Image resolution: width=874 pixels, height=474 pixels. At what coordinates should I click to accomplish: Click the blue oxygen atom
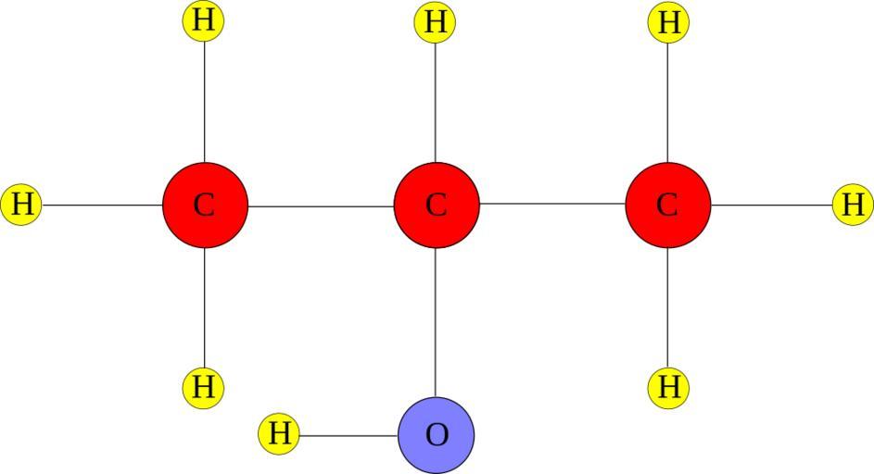(436, 435)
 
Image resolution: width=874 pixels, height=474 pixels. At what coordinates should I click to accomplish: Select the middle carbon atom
(436, 205)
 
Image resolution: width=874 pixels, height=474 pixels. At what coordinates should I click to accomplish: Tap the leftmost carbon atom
(205, 205)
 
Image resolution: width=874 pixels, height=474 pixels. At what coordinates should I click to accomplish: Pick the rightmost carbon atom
(667, 205)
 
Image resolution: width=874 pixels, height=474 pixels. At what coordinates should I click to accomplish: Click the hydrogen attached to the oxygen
(279, 434)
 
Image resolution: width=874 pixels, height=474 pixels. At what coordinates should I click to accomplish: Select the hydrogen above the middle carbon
(436, 22)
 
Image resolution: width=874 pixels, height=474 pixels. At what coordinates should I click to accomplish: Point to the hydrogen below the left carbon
(204, 386)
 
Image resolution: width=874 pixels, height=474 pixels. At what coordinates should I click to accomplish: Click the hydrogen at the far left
(21, 204)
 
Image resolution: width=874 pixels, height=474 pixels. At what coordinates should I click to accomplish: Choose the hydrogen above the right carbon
(668, 22)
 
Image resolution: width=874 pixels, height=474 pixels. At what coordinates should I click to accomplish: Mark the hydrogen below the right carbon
(668, 386)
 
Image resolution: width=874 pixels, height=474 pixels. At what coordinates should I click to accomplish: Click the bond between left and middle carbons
(321, 206)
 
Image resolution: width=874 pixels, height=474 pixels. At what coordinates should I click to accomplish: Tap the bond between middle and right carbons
(552, 205)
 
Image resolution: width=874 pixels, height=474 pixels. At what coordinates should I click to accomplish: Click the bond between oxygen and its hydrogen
(348, 435)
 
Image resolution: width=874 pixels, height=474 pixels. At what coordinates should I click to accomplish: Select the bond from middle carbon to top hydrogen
(436, 102)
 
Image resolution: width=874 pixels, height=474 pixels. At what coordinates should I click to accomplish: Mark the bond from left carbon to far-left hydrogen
(102, 205)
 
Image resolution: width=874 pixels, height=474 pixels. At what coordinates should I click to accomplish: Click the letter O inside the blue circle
(436, 435)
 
